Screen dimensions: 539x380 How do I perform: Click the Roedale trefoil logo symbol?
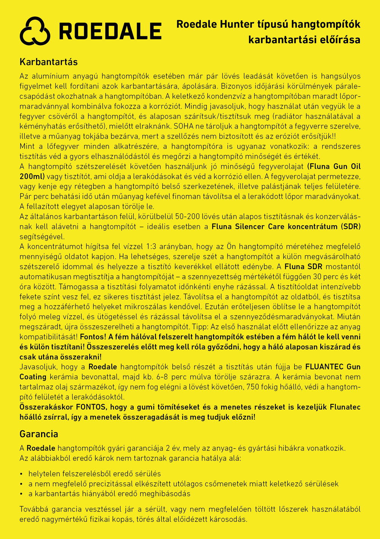[x=35, y=31]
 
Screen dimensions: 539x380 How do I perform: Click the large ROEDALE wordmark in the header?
[x=110, y=31]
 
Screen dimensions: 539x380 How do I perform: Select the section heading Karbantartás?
[x=49, y=62]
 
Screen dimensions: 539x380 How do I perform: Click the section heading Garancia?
[x=39, y=434]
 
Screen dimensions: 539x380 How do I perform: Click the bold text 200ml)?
[x=32, y=177]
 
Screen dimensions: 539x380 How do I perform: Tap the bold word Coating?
[x=33, y=377]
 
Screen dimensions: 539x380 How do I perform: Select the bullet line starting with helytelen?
[x=95, y=474]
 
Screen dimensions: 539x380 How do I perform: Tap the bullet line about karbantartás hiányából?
[x=109, y=494]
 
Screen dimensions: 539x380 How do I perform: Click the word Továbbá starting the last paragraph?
[x=35, y=509]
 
